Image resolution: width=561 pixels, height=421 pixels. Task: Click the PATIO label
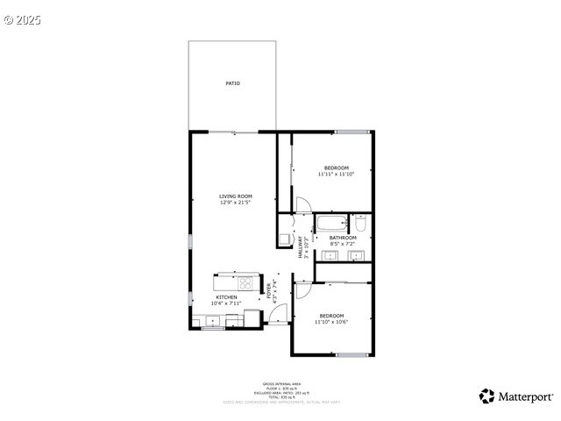pos(232,83)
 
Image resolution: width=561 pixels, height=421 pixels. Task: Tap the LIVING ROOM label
pos(236,196)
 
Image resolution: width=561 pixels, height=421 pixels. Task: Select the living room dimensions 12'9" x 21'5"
pos(236,203)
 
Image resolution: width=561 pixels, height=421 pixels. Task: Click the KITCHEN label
pos(226,297)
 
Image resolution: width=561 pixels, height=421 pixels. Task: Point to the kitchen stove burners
pos(246,284)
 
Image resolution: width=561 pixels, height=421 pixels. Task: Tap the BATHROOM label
pos(343,238)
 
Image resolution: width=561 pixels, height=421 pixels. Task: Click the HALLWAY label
pos(301,246)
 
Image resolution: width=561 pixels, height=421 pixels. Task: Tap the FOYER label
pos(270,289)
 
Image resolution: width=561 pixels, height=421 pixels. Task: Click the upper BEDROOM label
pos(337,168)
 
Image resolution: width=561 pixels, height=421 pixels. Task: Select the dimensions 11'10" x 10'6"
pos(331,322)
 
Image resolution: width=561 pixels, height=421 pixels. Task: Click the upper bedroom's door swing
pos(300,205)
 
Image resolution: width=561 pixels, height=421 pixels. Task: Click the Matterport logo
pos(516,396)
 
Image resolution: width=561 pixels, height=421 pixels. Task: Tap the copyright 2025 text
pos(22,18)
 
